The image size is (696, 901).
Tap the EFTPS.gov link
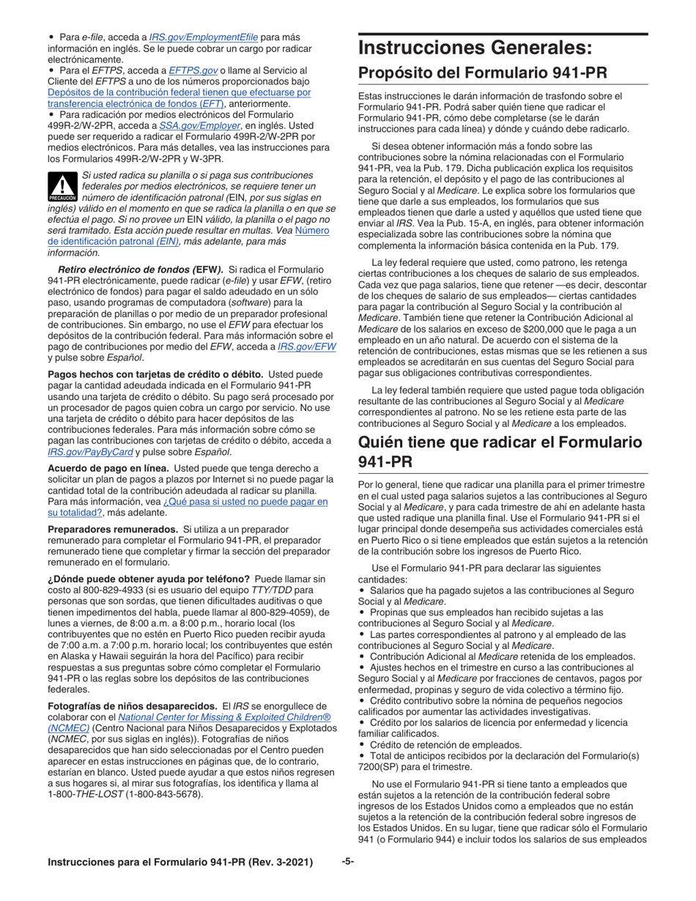[x=193, y=70]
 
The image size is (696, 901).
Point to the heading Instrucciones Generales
[x=474, y=49]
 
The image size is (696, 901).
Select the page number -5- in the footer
[x=348, y=862]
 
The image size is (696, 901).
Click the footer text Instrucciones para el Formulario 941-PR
[x=180, y=863]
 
